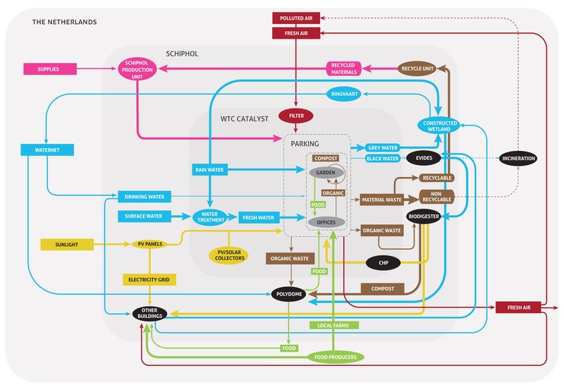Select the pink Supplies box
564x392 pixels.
pyautogui.click(x=49, y=68)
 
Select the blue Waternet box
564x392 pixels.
pyautogui.click(x=46, y=150)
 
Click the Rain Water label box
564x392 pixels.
pyautogui.click(x=209, y=170)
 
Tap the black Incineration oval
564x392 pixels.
pyautogui.click(x=518, y=159)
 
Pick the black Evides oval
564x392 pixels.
pyautogui.click(x=424, y=159)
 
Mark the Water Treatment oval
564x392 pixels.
pyautogui.click(x=209, y=217)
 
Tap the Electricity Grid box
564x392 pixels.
pyautogui.click(x=148, y=280)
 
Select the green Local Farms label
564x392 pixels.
pyautogui.click(x=334, y=326)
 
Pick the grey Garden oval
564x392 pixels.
pyautogui.click(x=326, y=173)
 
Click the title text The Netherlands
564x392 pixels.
pyautogui.click(x=65, y=22)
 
